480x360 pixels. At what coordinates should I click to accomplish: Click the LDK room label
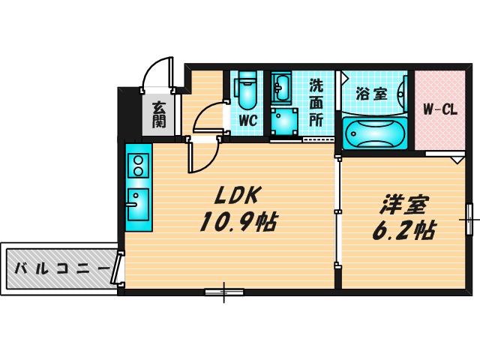pyautogui.click(x=236, y=195)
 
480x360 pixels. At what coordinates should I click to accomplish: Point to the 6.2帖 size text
pyautogui.click(x=403, y=229)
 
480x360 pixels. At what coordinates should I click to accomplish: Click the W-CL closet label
pyautogui.click(x=440, y=109)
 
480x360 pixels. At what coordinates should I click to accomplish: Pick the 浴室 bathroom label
pyautogui.click(x=372, y=94)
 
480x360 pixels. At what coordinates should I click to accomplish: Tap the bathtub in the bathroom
pyautogui.click(x=375, y=133)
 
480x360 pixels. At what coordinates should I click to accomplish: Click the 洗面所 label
pyautogui.click(x=316, y=103)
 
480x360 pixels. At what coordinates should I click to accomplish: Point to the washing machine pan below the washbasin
pyautogui.click(x=284, y=122)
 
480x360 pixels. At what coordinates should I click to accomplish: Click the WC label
pyautogui.click(x=247, y=120)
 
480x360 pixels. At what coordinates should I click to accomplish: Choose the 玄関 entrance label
pyautogui.click(x=159, y=115)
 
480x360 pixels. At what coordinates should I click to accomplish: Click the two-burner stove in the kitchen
pyautogui.click(x=138, y=166)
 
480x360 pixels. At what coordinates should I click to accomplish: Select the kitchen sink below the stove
pyautogui.click(x=138, y=205)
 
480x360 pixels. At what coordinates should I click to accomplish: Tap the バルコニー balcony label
pyautogui.click(x=62, y=268)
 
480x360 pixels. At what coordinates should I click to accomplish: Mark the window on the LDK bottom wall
pyautogui.click(x=224, y=292)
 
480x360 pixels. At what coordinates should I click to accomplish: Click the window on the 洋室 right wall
pyautogui.click(x=469, y=220)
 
